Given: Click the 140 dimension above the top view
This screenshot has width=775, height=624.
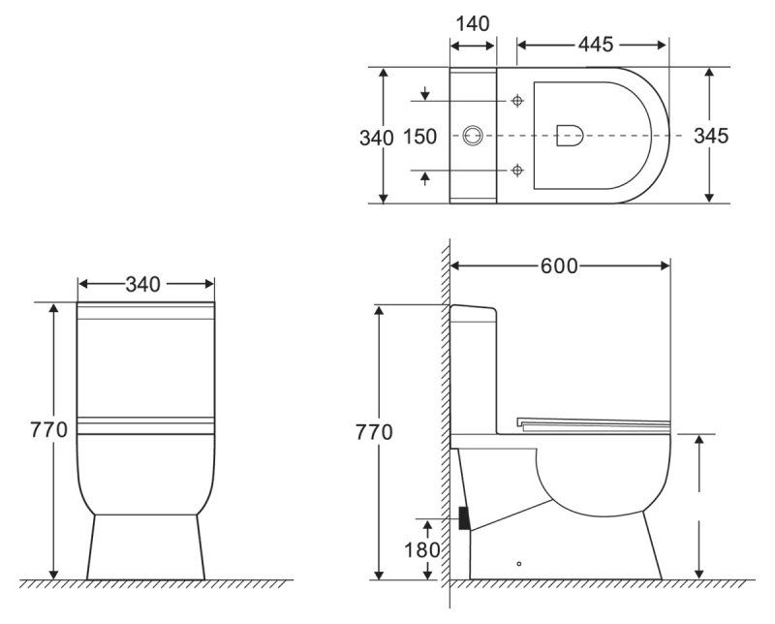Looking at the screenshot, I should (x=473, y=21).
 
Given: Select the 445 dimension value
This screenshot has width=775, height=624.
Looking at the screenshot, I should (x=594, y=45).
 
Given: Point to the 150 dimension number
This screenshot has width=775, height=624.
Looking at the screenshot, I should (x=419, y=138).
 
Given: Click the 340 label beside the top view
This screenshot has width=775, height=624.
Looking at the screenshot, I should (x=376, y=138).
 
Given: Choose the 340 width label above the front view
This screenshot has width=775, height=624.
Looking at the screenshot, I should (x=143, y=284).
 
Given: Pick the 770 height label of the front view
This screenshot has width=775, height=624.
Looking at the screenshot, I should (x=48, y=430).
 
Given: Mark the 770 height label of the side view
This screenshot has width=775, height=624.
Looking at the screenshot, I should (x=374, y=432).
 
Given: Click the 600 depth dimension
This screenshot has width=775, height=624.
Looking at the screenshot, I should (x=559, y=265).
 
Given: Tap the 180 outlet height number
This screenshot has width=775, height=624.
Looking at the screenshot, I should (x=422, y=549).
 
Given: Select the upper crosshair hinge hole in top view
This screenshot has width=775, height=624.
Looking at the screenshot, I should (x=517, y=101).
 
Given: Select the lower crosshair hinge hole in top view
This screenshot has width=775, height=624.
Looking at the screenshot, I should (x=517, y=171).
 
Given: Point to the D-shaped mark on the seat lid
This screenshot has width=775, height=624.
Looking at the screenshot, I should (x=570, y=136).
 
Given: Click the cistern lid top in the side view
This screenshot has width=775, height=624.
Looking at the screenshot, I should (x=474, y=309).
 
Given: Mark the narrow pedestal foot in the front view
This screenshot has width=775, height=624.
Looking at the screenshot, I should (x=145, y=547).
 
